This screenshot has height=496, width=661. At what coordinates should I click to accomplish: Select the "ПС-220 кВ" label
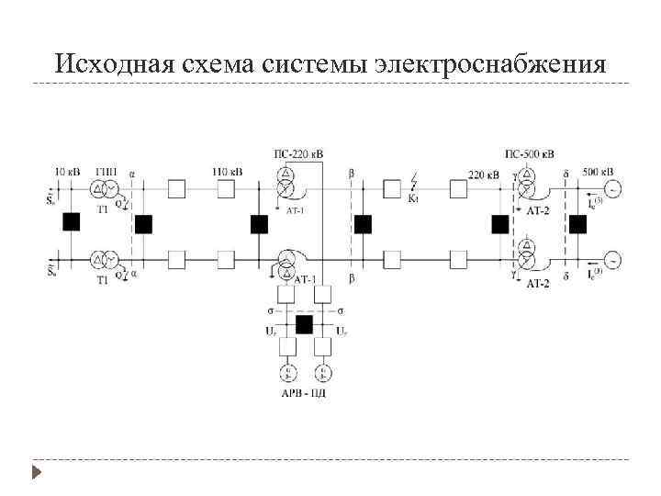(x=299, y=153)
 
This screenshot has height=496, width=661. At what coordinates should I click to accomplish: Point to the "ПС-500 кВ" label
(x=529, y=153)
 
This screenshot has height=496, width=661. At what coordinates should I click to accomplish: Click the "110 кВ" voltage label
(x=228, y=172)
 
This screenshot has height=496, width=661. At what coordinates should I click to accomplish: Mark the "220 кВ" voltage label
(x=483, y=173)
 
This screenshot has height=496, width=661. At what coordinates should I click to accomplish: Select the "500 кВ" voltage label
(x=597, y=172)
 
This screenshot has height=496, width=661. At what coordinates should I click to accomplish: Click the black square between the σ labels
(x=304, y=324)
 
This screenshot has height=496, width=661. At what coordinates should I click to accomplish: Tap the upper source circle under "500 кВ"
(x=610, y=190)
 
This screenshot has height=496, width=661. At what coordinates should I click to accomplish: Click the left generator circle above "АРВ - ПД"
(x=286, y=373)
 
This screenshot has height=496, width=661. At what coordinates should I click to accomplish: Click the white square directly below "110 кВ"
(x=228, y=189)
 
